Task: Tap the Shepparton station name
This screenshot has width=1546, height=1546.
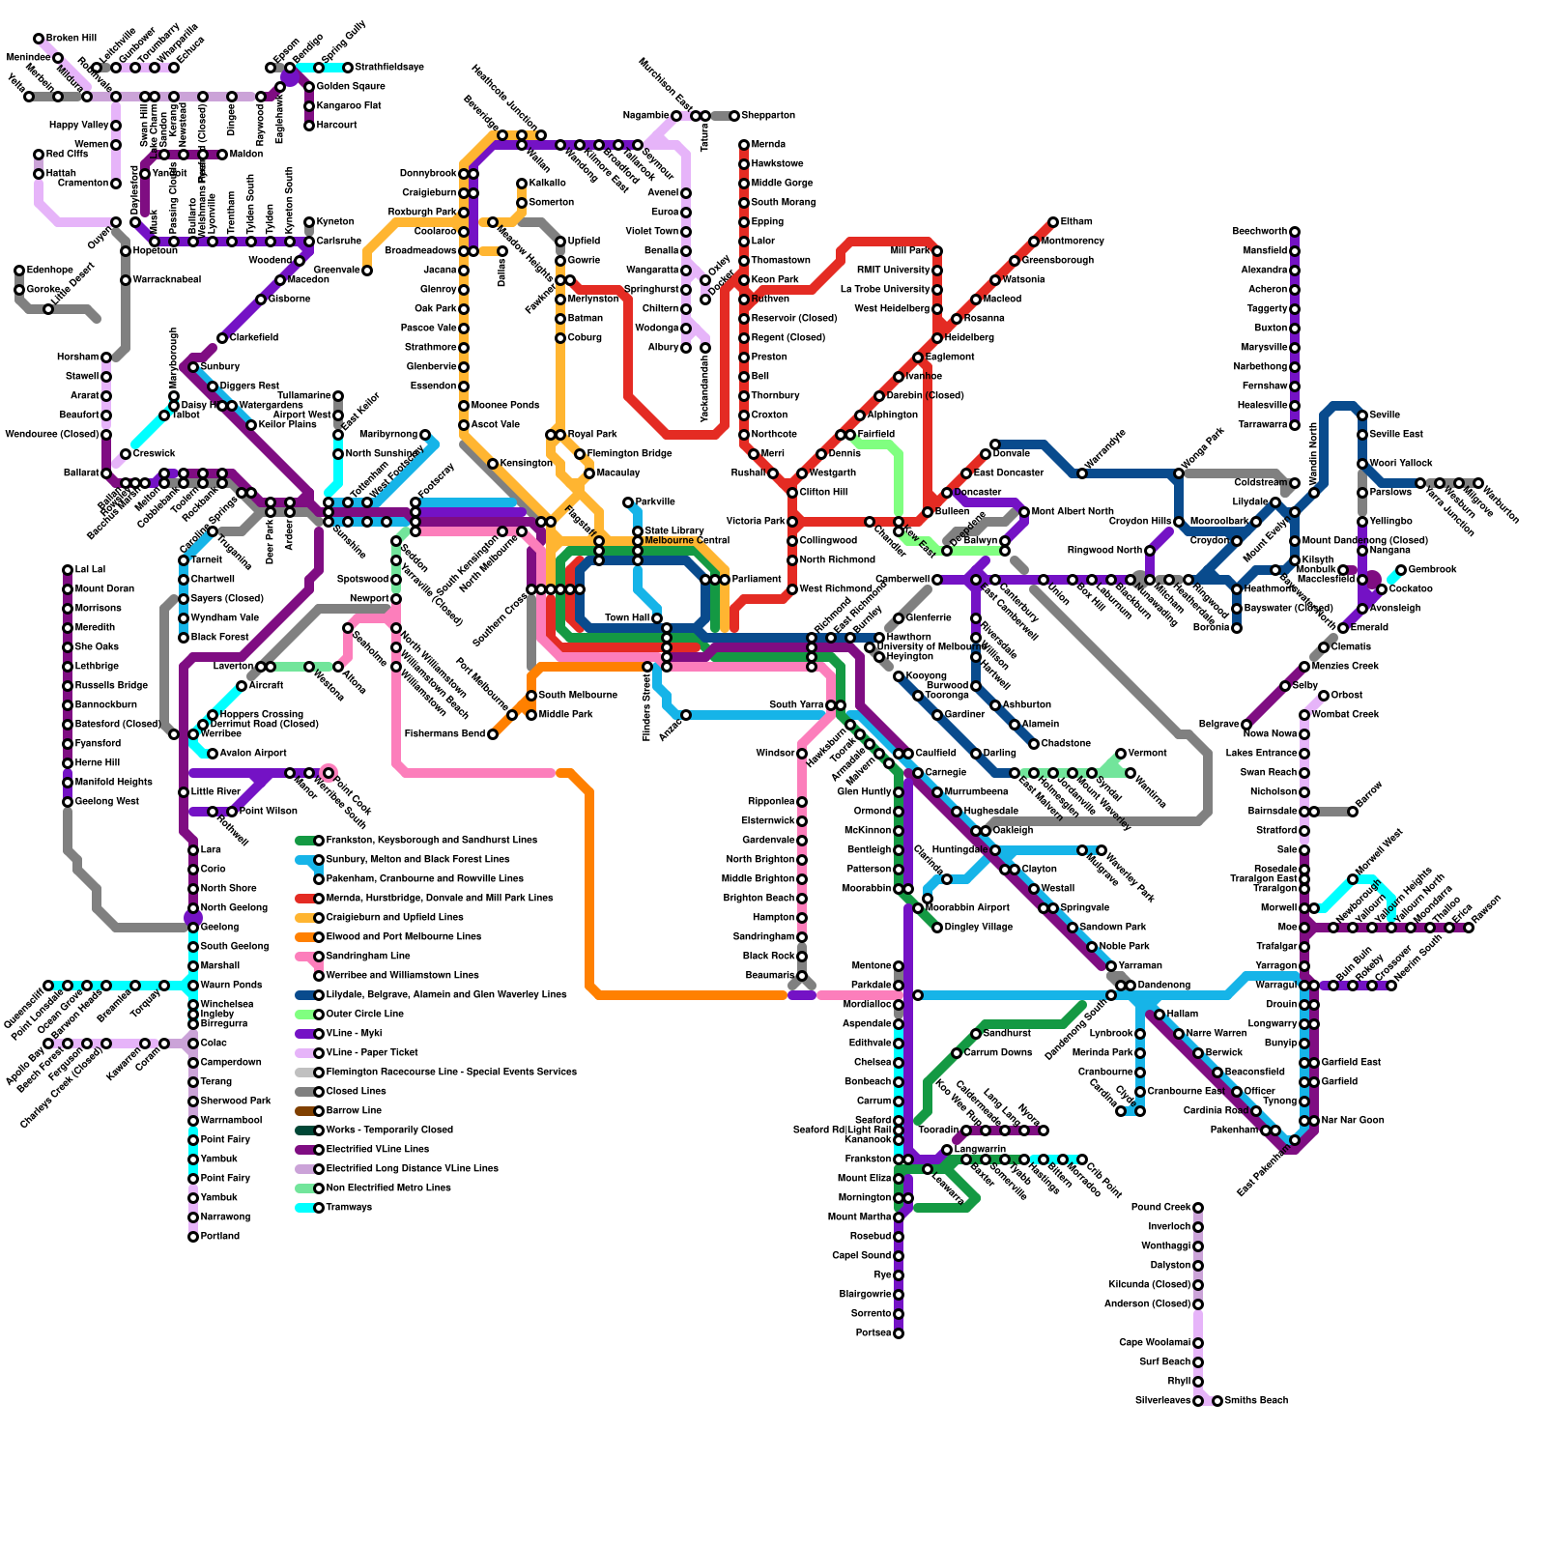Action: click(768, 116)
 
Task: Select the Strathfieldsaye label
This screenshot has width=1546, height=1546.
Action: click(389, 68)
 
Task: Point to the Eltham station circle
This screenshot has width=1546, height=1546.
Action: click(1053, 222)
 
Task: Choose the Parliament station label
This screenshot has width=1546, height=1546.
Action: click(757, 580)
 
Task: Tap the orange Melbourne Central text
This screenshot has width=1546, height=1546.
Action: click(687, 540)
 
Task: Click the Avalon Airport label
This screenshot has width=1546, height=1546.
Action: click(253, 754)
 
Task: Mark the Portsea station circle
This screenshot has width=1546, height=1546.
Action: click(899, 1333)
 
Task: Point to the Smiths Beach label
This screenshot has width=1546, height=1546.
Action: click(1256, 1401)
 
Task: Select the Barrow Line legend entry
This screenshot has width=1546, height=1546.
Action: click(354, 1111)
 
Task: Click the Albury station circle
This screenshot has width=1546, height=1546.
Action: click(686, 348)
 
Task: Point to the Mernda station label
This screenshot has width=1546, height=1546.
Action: click(768, 145)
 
